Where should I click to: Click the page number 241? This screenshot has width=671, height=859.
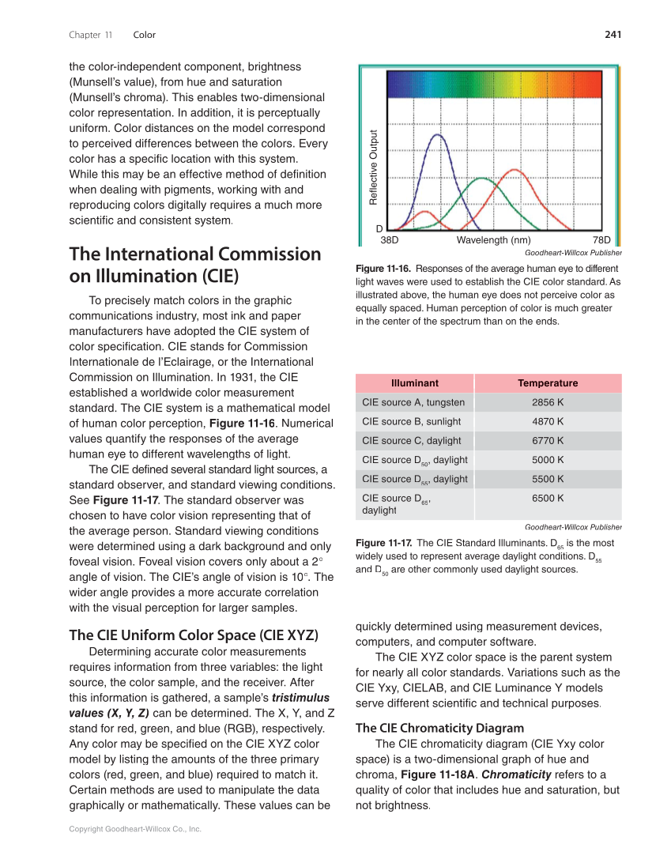point(613,35)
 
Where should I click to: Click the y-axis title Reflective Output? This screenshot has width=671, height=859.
point(374,168)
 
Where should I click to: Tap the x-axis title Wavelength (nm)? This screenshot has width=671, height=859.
point(493,240)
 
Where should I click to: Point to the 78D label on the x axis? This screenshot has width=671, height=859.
point(601,240)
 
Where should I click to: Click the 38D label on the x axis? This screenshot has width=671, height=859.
point(389,240)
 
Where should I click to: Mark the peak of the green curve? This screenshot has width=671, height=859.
point(481,179)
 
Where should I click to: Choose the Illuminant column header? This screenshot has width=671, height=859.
point(414,383)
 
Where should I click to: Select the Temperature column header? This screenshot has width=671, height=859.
point(548,383)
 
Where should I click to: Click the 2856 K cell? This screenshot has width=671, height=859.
point(548,402)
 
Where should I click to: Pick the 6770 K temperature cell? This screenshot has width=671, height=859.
point(548,441)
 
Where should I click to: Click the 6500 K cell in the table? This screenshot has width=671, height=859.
point(548,498)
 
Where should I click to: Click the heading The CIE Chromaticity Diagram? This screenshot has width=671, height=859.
point(439,728)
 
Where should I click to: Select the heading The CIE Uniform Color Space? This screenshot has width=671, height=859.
point(194,635)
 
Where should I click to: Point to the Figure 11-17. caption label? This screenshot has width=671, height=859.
point(384,543)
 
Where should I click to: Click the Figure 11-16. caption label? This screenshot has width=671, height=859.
point(384,269)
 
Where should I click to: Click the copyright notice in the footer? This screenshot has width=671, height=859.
point(135,829)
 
